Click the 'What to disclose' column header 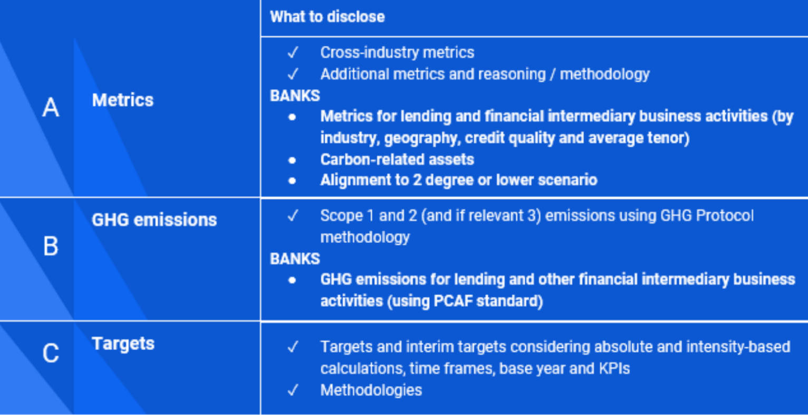click(327, 16)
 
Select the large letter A click(51, 107)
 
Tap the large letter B click(51, 246)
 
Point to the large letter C click(51, 353)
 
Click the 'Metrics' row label click(123, 100)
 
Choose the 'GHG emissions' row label click(155, 220)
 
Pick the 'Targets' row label click(123, 344)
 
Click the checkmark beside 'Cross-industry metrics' click(293, 52)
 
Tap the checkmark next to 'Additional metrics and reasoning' click(293, 74)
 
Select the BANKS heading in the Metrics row click(295, 96)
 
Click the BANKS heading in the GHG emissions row click(295, 259)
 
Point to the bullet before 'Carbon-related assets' click(292, 160)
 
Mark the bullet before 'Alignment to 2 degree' click(292, 181)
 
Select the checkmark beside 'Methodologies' click(293, 390)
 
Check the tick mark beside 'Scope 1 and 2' click(293, 215)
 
